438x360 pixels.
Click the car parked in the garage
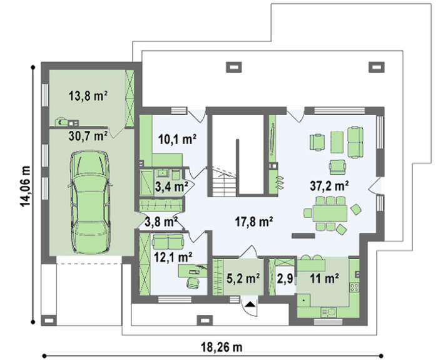90,202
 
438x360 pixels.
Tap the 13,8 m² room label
88,96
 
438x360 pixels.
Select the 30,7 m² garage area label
88,136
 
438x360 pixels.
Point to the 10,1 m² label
177,139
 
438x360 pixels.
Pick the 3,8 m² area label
161,222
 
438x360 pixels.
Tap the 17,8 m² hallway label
253,222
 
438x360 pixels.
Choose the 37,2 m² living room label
329,185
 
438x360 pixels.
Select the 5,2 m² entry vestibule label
243,279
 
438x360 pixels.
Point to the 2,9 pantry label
285,279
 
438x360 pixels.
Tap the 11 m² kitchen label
324,279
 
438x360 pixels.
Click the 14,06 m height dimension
25,186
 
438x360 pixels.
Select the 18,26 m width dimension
222,347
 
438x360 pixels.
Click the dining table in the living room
330,213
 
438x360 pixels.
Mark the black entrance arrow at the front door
250,304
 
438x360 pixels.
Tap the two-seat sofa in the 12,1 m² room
168,241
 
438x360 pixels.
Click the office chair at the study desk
193,282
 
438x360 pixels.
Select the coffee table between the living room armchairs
337,142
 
